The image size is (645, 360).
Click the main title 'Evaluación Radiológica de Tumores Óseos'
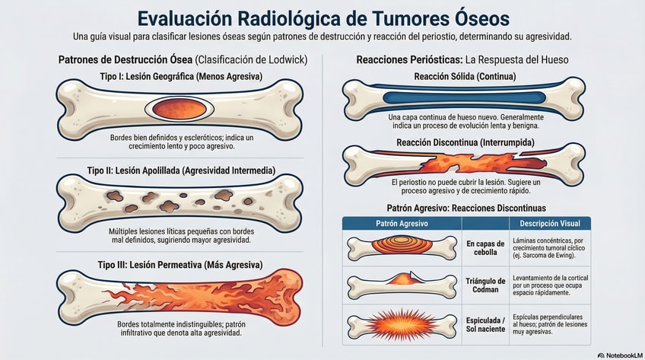322,18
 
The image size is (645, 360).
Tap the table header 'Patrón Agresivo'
402,224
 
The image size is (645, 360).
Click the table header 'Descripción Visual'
549,224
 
